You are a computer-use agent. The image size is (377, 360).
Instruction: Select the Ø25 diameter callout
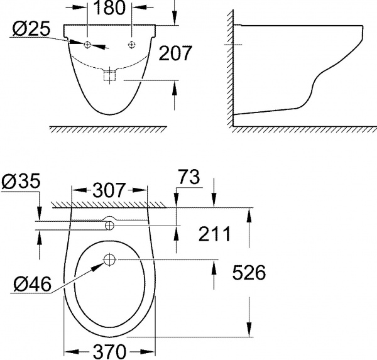[27, 29]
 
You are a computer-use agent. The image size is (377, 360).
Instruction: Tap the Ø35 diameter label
[21, 182]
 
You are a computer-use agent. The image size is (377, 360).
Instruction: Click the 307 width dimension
[110, 190]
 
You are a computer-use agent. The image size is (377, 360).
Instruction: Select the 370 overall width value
[110, 349]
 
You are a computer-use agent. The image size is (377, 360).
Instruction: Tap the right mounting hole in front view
[131, 44]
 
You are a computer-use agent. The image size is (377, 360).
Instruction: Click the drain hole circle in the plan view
[110, 259]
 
